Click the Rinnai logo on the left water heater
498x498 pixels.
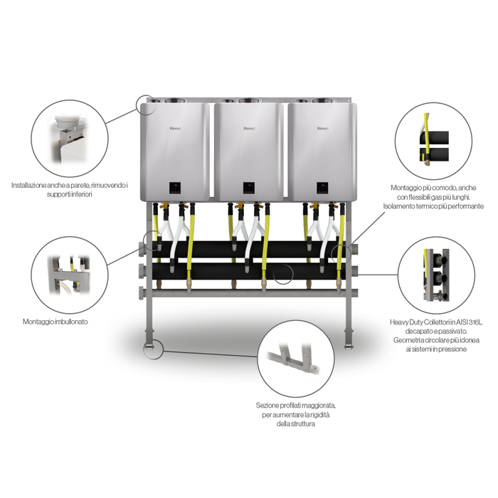pos(175,129)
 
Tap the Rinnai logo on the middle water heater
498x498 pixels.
pos(249,129)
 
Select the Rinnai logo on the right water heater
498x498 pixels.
pos(323,129)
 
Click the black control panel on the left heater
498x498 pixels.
pos(175,188)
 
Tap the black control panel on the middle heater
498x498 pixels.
pos(249,188)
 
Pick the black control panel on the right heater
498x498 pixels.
pos(323,188)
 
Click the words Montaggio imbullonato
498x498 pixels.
pos(55,322)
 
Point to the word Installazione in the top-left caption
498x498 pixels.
pos(29,185)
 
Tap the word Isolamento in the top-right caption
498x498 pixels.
pos(398,206)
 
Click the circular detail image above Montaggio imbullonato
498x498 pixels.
pos(70,275)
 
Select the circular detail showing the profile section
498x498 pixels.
pos(296,359)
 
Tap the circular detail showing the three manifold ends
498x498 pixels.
pos(436,275)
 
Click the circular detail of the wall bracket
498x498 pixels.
pos(70,139)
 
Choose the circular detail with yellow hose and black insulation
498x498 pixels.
pos(433,141)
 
